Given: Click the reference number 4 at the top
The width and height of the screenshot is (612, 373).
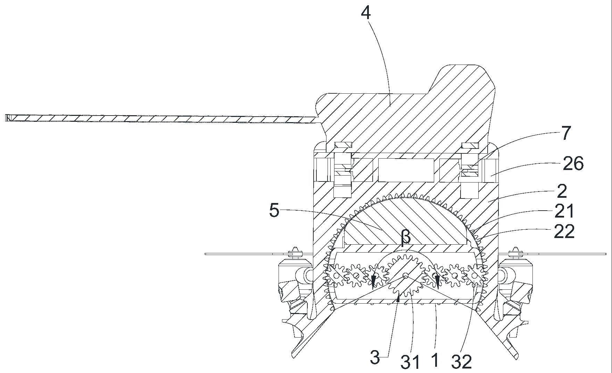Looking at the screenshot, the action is (x=366, y=14).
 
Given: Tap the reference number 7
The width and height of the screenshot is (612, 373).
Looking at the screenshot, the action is (x=566, y=133).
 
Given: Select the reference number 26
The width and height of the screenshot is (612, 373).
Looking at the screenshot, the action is (x=573, y=164).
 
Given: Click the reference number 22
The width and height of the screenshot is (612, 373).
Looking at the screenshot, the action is (x=564, y=231).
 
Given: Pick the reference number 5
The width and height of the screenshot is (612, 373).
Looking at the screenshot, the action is (x=274, y=211).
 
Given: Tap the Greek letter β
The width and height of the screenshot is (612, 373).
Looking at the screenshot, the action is (x=406, y=238).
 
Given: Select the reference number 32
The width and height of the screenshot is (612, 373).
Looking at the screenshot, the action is (x=462, y=362).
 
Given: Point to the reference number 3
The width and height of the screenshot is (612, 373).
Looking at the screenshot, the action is (x=375, y=358).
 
